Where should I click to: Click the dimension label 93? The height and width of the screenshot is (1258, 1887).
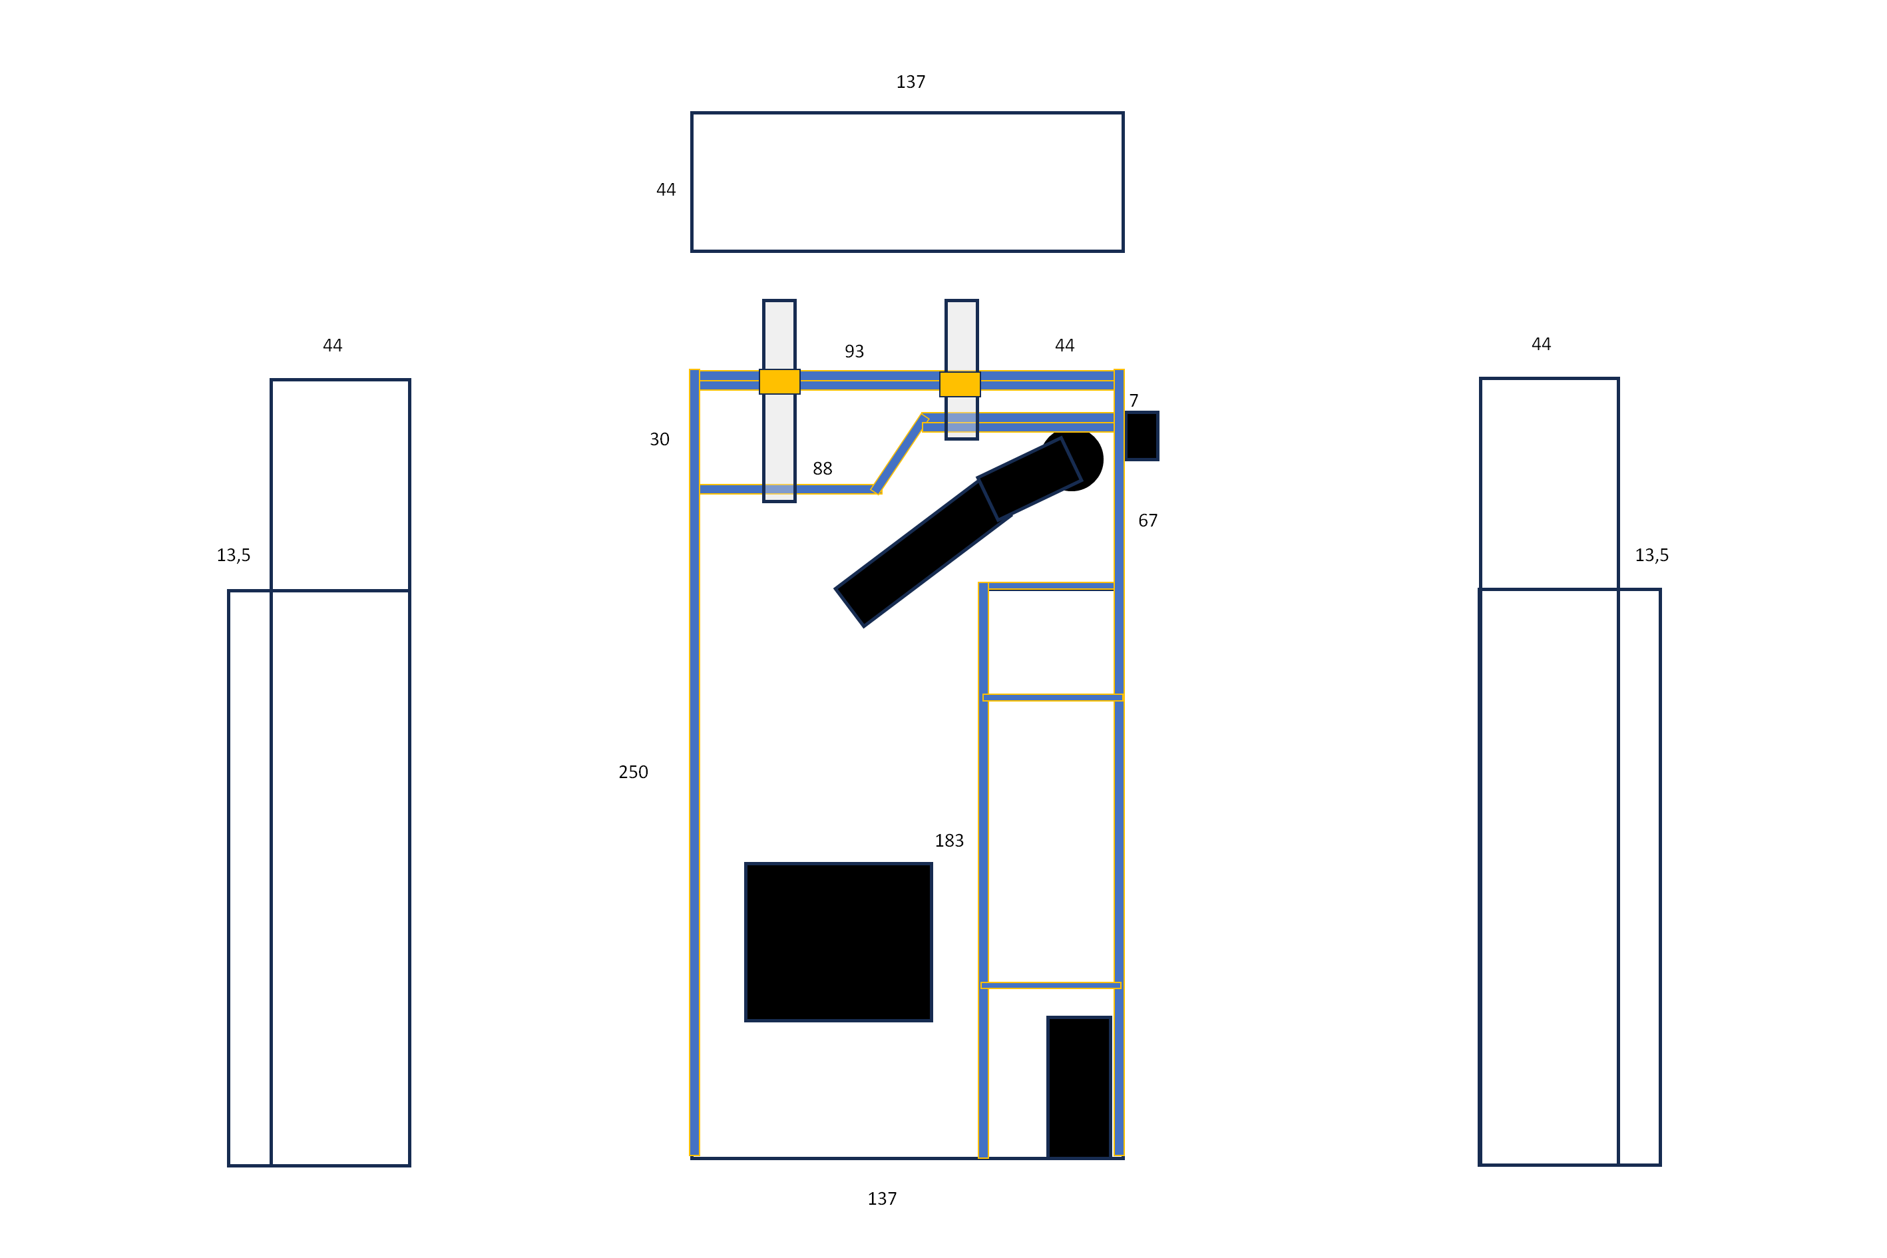pos(853,351)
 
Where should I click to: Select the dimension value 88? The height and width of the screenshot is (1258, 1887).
pos(822,469)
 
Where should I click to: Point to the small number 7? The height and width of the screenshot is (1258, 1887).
pos(1134,400)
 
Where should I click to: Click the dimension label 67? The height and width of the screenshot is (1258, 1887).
pos(1148,521)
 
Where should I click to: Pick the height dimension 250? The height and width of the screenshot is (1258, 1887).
pos(633,772)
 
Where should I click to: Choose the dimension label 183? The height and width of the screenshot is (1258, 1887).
pos(949,841)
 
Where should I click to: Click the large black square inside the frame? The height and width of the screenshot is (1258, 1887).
pos(839,942)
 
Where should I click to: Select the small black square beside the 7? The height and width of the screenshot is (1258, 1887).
pos(1142,436)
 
